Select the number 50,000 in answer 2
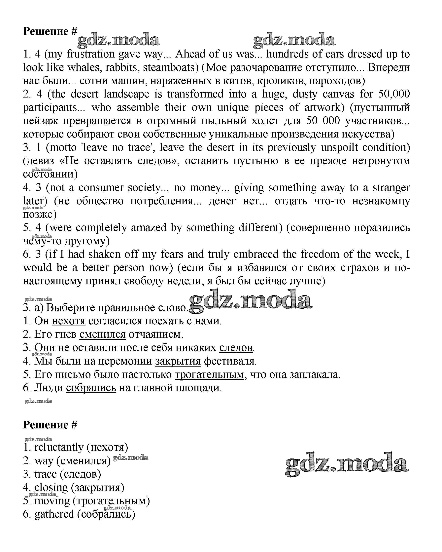tap(394, 94)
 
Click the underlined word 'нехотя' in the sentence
tap(69, 321)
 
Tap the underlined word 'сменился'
tap(102, 334)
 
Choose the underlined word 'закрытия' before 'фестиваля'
tap(178, 361)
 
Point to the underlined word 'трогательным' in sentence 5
tap(209, 375)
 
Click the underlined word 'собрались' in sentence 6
tap(91, 388)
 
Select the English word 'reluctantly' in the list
tap(59, 448)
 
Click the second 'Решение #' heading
tap(50, 425)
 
